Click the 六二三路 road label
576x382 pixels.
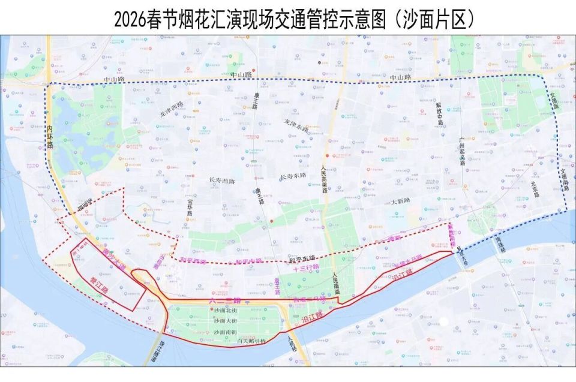[x=225, y=299]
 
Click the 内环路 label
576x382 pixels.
[x=50, y=137]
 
